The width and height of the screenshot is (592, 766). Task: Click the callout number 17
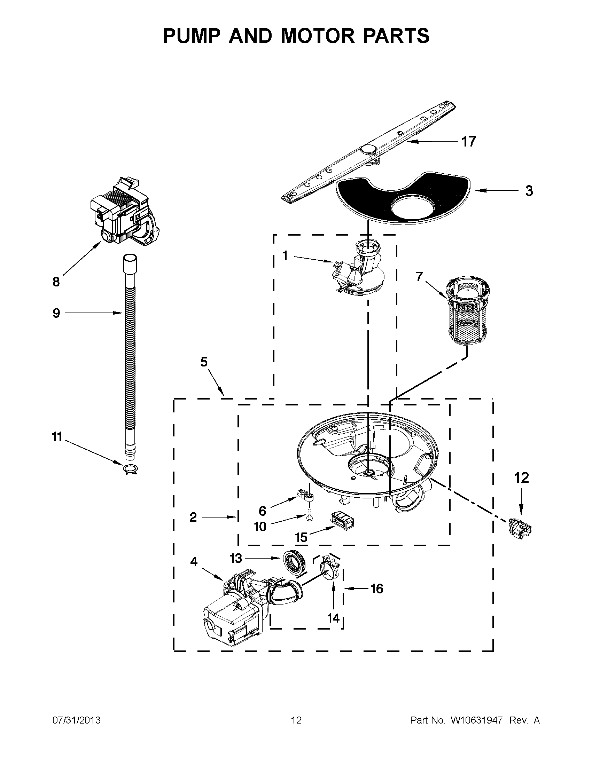[468, 142]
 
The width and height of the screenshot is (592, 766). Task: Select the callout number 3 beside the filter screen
[529, 191]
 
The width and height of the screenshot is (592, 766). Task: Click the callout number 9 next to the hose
[56, 313]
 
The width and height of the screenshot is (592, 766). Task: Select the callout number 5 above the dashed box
[204, 362]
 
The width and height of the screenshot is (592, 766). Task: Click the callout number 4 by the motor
[194, 561]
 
